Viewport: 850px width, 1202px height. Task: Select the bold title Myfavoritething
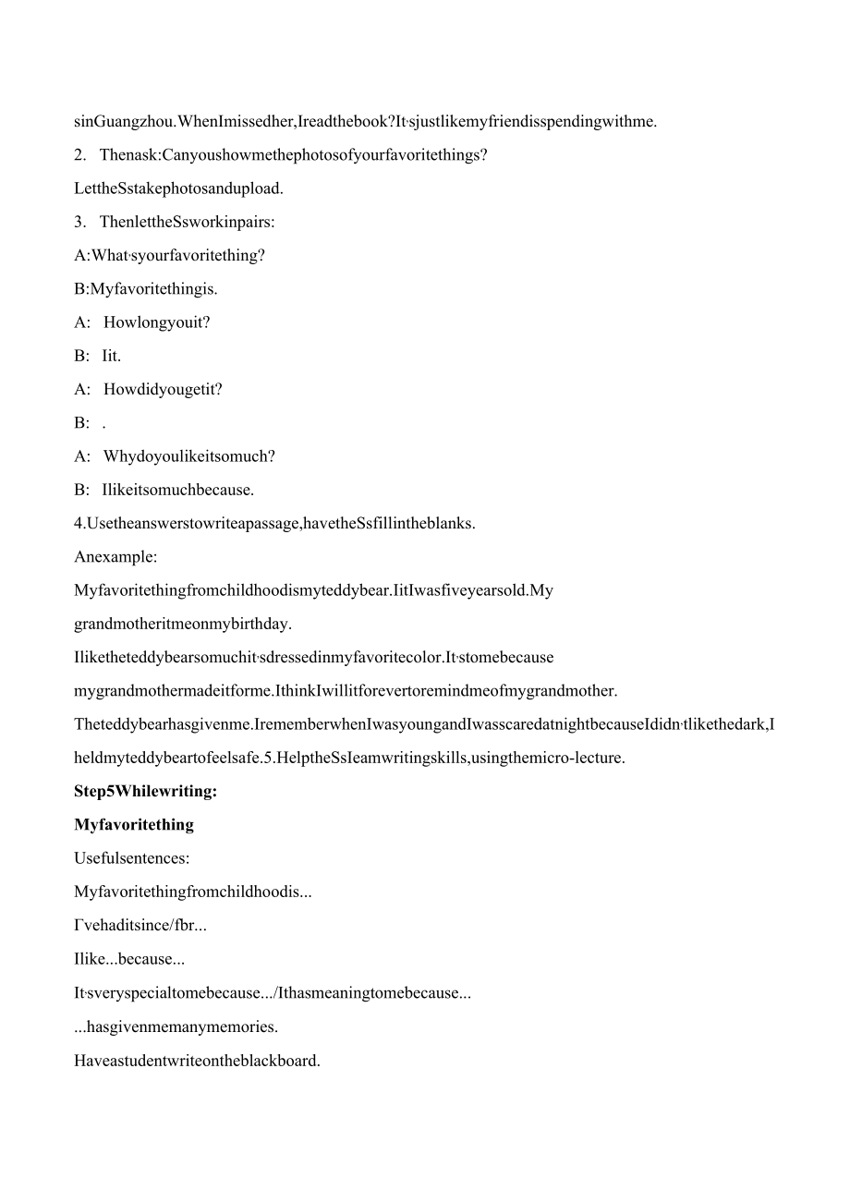click(x=134, y=825)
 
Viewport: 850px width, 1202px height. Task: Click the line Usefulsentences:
click(x=131, y=858)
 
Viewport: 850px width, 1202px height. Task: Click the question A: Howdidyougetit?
click(x=148, y=389)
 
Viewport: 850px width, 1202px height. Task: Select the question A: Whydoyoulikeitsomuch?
click(x=175, y=456)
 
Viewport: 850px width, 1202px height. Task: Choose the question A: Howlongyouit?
click(x=142, y=322)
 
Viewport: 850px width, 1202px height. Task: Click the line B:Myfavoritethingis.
click(x=146, y=289)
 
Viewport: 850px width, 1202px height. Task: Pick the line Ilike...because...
click(x=129, y=960)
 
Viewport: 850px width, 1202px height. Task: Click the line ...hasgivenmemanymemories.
click(x=176, y=1026)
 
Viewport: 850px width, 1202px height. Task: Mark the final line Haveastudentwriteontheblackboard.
click(x=197, y=1061)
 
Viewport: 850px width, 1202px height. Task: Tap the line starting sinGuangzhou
click(x=365, y=121)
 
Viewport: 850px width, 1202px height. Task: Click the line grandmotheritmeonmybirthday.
click(x=183, y=624)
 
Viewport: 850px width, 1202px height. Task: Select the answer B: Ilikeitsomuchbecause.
click(x=164, y=490)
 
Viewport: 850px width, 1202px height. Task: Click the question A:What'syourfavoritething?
click(x=169, y=256)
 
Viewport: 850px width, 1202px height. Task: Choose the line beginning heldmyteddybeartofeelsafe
click(x=349, y=759)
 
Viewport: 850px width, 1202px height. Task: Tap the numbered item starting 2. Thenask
click(x=280, y=155)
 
